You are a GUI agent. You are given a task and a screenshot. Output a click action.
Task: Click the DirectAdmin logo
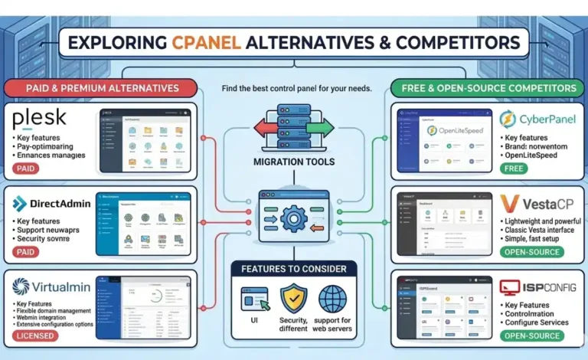[53, 204]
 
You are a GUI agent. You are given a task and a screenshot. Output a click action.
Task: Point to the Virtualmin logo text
[53, 286]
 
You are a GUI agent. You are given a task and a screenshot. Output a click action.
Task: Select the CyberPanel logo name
[544, 119]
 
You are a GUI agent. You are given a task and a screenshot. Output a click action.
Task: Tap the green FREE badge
[513, 168]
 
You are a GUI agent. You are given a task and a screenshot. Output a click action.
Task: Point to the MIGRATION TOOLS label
[294, 162]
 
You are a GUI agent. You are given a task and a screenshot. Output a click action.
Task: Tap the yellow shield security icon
[293, 298]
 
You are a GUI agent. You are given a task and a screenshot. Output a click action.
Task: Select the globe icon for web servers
[333, 298]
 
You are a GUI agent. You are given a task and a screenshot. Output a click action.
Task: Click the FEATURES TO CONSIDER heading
[294, 269]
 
